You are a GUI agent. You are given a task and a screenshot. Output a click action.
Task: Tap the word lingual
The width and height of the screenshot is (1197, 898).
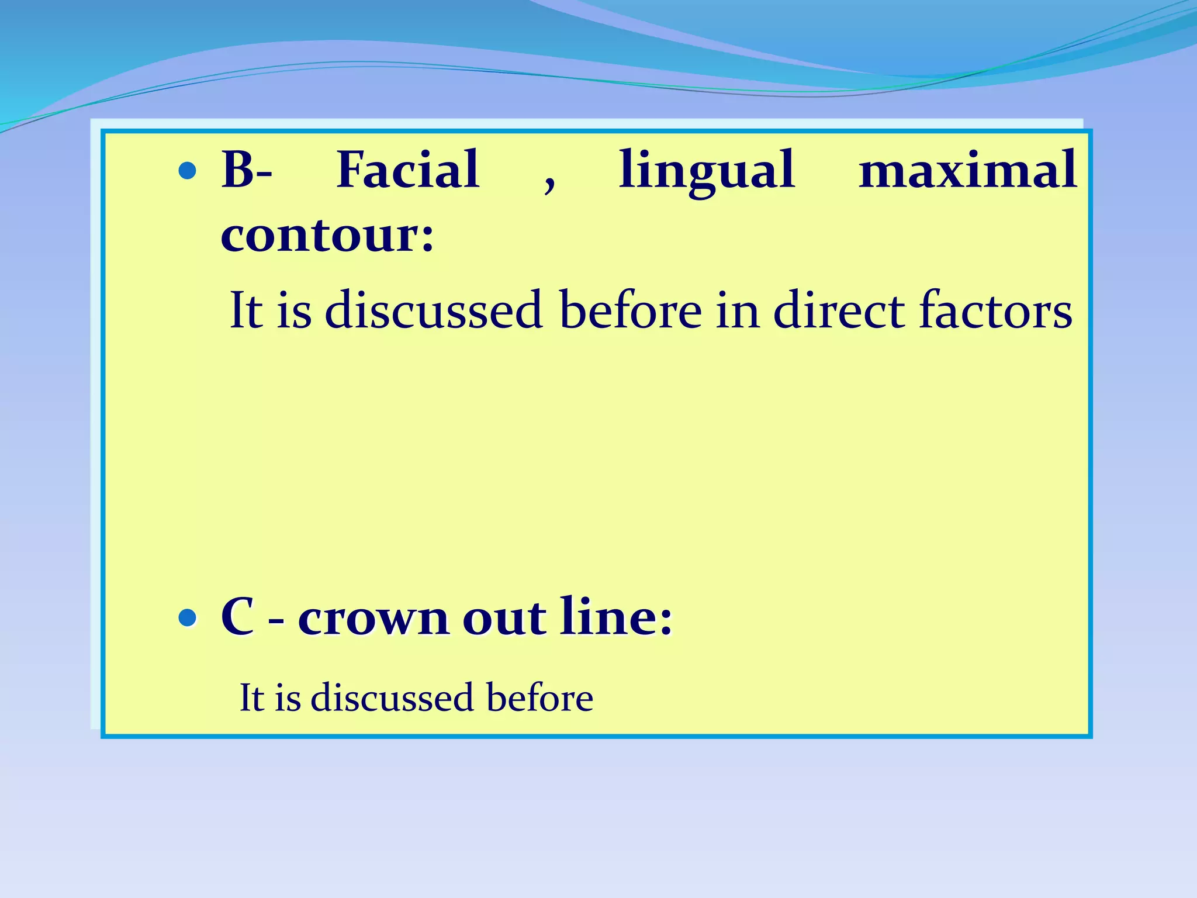point(707,171)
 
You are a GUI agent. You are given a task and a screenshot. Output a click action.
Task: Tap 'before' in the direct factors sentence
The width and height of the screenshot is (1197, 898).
point(631,310)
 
